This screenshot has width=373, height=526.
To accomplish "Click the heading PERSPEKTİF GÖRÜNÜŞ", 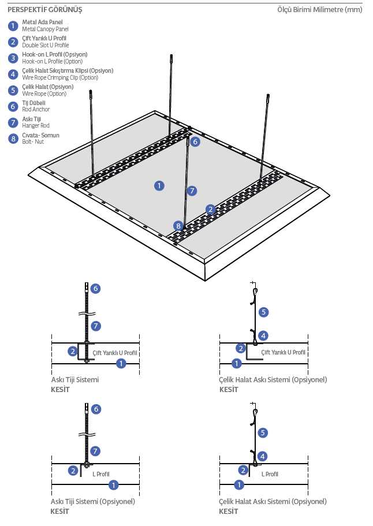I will pos(44,10).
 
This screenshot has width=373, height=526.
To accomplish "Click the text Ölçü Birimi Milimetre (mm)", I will pos(320,10).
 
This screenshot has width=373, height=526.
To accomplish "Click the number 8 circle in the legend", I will pos(13,139).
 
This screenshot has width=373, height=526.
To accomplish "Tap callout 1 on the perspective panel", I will pos(159,185).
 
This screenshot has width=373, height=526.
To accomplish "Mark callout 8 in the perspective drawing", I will pos(178,226).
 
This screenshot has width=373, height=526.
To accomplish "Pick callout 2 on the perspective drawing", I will pos(211,209).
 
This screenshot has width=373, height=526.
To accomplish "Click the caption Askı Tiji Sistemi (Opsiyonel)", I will pos(92,501).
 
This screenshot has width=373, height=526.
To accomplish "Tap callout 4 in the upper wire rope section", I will pos(263,335).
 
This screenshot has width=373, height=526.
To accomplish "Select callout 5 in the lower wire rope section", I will pos(263,432).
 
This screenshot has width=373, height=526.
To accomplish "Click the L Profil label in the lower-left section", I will pos(100,474).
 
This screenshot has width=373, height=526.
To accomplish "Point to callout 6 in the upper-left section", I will pos(96,288).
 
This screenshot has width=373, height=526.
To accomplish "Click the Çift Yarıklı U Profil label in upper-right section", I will pos(283,352).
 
